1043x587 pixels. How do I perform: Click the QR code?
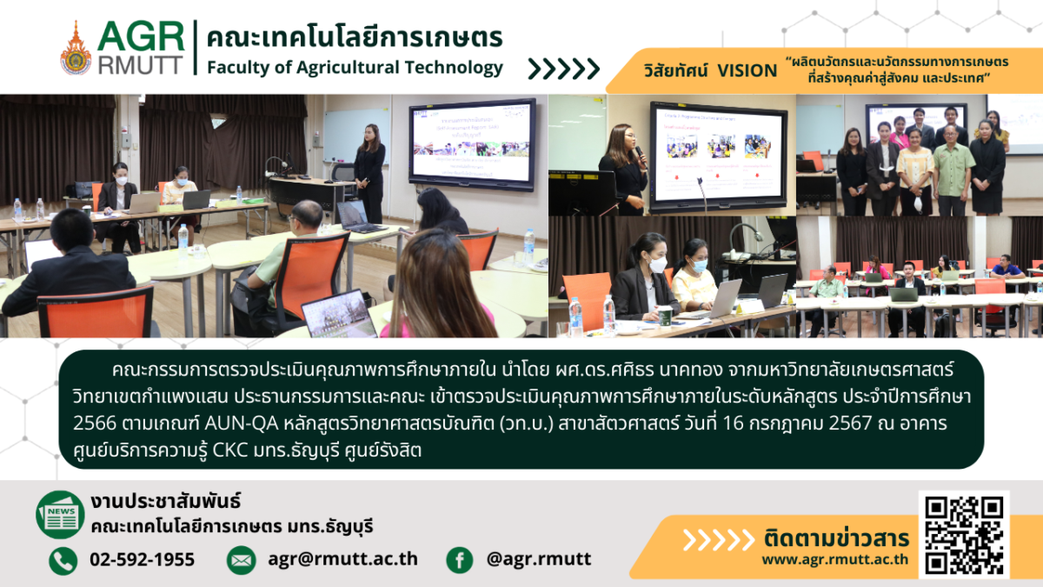[x=964, y=534]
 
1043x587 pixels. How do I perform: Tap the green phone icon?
[x=63, y=560]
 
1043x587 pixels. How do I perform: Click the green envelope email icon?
[x=241, y=560]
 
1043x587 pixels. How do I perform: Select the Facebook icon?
[x=460, y=560]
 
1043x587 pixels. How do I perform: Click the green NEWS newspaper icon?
[x=60, y=515]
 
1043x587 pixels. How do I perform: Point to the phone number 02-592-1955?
[x=142, y=559]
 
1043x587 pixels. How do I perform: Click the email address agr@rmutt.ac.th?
[x=342, y=559]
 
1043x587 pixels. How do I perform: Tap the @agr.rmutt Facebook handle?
[x=539, y=559]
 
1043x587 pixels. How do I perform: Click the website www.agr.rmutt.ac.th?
[x=835, y=559]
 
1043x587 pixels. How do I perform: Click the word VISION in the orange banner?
[x=747, y=70]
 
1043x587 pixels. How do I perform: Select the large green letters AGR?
[x=141, y=37]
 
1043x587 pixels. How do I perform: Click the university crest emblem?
[x=76, y=49]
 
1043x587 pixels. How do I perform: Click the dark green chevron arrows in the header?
[x=563, y=69]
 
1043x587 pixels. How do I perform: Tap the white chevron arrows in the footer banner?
[x=719, y=540]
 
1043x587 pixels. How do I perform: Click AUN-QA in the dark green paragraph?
[x=242, y=424]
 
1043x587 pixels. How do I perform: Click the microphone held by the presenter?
[x=642, y=157]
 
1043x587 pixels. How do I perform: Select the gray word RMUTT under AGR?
[x=141, y=65]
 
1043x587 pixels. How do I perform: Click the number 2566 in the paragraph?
[x=95, y=424]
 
